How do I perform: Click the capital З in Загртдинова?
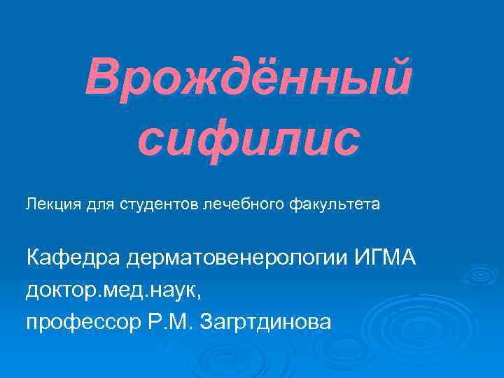pyautogui.click(x=208, y=321)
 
